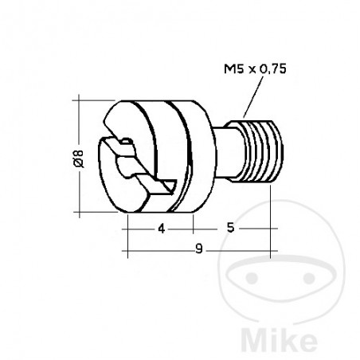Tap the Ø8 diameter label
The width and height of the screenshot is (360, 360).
73,158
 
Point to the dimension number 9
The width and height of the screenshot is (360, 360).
197,249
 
